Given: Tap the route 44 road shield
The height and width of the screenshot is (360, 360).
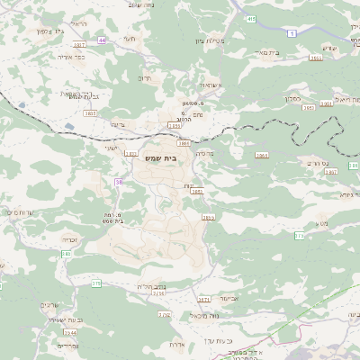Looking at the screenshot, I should coord(103,40).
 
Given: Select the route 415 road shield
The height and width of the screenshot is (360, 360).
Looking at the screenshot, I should coord(250,18).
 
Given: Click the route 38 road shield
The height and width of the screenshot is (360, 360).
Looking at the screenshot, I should coord(119,183).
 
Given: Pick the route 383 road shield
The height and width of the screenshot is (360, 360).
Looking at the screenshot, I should coord(66,255).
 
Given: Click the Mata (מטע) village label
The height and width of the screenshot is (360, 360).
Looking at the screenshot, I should coord(322,222).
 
